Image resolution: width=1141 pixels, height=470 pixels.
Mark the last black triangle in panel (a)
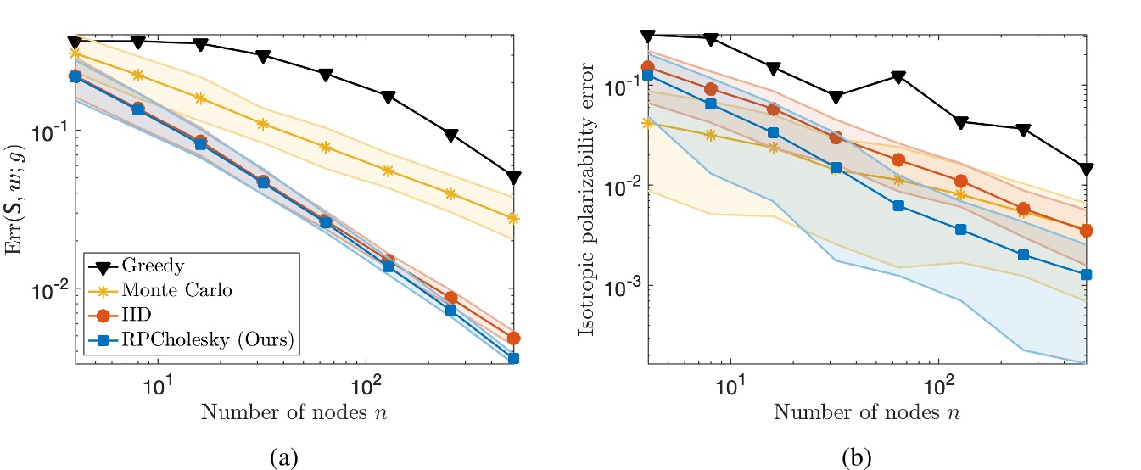click(x=513, y=177)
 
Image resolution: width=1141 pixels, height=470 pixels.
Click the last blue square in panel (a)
click(x=513, y=359)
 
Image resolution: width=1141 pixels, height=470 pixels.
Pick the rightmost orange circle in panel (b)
click(x=1087, y=230)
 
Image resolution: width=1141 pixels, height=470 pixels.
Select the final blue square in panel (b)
click(x=1087, y=275)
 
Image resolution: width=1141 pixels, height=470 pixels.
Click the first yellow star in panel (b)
click(x=648, y=122)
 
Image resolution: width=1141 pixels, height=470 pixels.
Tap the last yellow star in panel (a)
click(x=513, y=218)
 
